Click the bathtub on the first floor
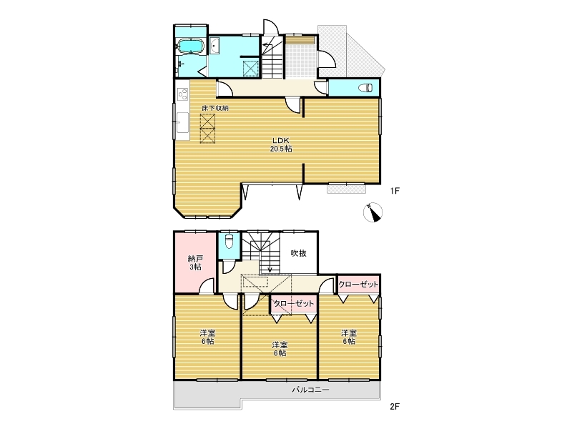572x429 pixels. tap(189, 46)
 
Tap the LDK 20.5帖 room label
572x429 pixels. tap(280, 144)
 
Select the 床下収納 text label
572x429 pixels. tap(215, 108)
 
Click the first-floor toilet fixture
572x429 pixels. tap(366, 88)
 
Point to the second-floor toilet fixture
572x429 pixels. tap(229, 242)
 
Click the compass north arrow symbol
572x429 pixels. tap(373, 212)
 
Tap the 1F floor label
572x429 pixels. tap(395, 190)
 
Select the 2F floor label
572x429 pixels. tap(395, 406)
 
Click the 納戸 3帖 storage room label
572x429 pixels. tap(195, 262)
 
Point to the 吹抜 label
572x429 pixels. tap(298, 253)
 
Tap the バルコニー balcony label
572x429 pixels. tap(310, 390)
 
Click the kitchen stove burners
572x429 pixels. tap(183, 94)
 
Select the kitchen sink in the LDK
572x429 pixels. tap(183, 122)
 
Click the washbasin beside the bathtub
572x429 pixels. tap(214, 47)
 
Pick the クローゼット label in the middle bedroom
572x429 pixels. tap(294, 303)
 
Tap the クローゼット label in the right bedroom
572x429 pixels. tap(359, 284)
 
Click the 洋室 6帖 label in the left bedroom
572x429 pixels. tap(207, 337)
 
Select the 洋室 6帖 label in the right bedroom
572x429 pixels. tap(349, 337)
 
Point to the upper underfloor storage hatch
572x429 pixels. tap(207, 121)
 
